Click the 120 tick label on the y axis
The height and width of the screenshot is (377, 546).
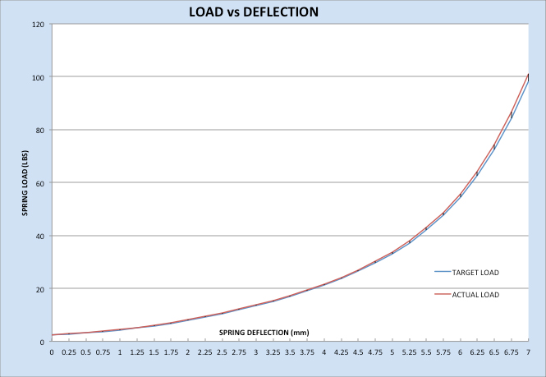[x=37, y=24]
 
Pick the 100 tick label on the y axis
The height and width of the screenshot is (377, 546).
[x=37, y=77]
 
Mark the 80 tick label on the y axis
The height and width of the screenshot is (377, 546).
[x=39, y=130]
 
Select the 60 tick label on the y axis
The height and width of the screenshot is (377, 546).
[x=39, y=183]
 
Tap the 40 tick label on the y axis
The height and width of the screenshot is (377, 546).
[x=39, y=236]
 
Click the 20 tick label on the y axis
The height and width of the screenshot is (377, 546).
[x=39, y=289]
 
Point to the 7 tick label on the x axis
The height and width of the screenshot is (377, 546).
[x=528, y=352]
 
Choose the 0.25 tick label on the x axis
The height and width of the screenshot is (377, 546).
[x=69, y=352]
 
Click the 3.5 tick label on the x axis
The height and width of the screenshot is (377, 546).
[x=290, y=352]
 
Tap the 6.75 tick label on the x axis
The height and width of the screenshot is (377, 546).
[x=511, y=352]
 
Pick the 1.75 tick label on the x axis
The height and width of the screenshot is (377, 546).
[x=171, y=352]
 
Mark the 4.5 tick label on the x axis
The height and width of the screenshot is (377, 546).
[x=358, y=352]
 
